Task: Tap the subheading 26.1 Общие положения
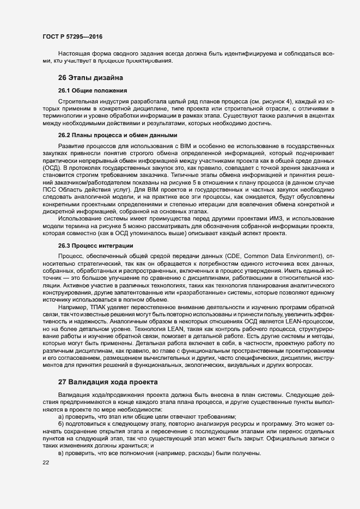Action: coord(93,90)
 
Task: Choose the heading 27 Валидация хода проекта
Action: coord(108,382)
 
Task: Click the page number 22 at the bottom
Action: coord(45,463)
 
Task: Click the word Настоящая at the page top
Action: coord(75,53)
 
